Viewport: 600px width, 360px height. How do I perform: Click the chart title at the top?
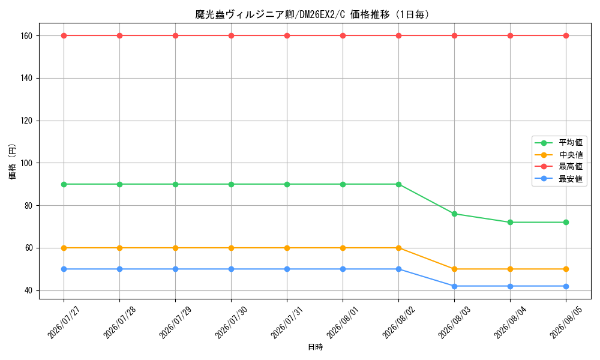click(312, 14)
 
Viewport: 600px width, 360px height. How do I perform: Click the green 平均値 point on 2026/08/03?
click(455, 214)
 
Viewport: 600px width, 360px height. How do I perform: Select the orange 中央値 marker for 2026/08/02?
click(399, 248)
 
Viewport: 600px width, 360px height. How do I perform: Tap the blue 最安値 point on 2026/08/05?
click(566, 286)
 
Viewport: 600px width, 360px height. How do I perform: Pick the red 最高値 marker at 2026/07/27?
click(64, 35)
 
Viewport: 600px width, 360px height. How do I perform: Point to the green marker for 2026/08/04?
click(510, 222)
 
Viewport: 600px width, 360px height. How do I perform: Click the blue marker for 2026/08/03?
click(455, 286)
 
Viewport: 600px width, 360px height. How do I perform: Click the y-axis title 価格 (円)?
click(12, 161)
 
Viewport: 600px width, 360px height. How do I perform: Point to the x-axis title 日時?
click(316, 347)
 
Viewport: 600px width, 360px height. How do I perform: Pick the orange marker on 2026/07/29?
click(175, 248)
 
